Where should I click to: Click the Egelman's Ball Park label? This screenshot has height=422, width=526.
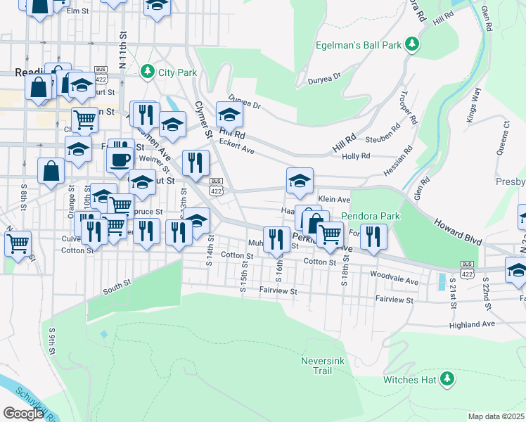(x=363, y=46)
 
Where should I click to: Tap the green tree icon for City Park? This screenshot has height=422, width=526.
(x=148, y=72)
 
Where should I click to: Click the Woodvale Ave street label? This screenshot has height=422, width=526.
(x=394, y=277)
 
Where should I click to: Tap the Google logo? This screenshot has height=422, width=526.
(x=23, y=413)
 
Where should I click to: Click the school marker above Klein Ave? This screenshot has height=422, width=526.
(x=300, y=181)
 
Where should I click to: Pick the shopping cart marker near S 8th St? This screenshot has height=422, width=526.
(x=18, y=243)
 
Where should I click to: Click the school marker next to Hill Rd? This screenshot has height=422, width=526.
(x=229, y=115)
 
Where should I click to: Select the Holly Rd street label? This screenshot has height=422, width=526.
(x=355, y=156)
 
